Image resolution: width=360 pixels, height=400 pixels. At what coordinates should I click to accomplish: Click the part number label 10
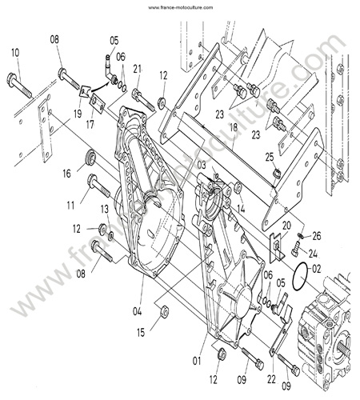(15, 53)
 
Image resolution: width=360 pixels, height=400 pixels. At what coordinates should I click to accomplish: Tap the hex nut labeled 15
(164, 311)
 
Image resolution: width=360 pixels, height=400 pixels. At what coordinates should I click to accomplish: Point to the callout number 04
(138, 311)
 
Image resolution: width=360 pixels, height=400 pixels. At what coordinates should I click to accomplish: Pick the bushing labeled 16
(90, 158)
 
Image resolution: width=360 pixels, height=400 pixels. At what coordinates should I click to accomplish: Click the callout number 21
(138, 70)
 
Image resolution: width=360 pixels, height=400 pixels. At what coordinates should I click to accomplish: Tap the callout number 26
(317, 236)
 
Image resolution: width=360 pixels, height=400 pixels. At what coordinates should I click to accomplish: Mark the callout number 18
(234, 127)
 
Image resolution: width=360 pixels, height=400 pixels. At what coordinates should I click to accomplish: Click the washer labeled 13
(110, 236)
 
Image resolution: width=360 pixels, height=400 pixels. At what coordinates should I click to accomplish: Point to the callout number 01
(197, 361)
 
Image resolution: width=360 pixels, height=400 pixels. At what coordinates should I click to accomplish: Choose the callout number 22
(271, 379)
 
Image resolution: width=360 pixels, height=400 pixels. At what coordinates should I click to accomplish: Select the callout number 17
(90, 125)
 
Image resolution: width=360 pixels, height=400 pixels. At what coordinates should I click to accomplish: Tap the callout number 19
(78, 114)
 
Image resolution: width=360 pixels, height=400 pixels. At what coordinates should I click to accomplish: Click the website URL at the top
(180, 7)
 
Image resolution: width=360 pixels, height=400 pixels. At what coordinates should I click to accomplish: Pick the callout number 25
(270, 157)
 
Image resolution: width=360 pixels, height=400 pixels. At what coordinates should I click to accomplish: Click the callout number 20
(286, 226)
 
